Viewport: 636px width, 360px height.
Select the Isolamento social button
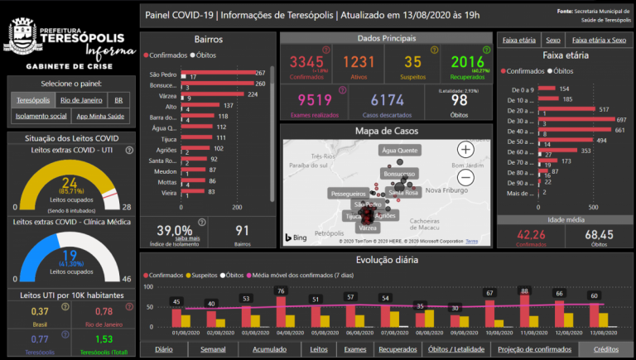[40, 116]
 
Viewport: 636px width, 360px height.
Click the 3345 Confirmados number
[306, 62]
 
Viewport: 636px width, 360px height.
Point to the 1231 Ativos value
[359, 62]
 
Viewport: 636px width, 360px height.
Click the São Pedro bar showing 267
[218, 74]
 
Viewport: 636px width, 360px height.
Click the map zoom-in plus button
[465, 149]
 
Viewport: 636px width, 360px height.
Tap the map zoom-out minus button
[465, 176]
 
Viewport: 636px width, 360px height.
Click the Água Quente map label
[400, 151]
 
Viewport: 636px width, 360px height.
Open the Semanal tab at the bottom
[213, 349]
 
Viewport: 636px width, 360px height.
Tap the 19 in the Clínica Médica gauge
[69, 254]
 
